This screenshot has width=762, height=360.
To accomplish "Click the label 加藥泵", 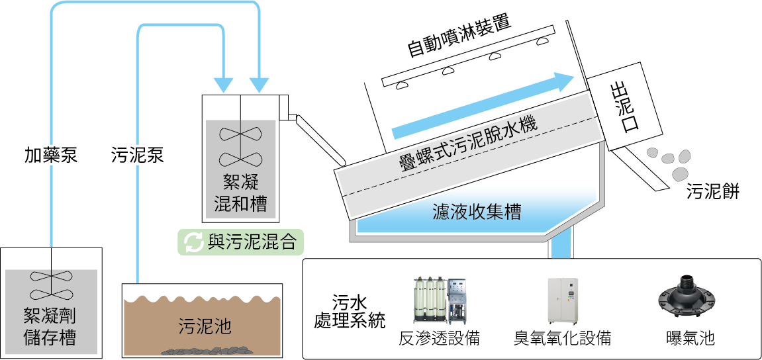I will click(51, 156).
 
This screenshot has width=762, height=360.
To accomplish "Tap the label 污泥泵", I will click(136, 156).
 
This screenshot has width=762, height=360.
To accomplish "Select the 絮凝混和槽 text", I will click(240, 193).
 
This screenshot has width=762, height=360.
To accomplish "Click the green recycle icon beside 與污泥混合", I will click(193, 242).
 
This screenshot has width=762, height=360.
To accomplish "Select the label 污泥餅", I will click(712, 192).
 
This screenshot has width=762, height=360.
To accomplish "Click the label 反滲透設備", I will click(439, 338).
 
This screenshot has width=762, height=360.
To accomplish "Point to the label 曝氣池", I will click(691, 338).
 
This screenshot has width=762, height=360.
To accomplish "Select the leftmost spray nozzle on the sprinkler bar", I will click(402, 85).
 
